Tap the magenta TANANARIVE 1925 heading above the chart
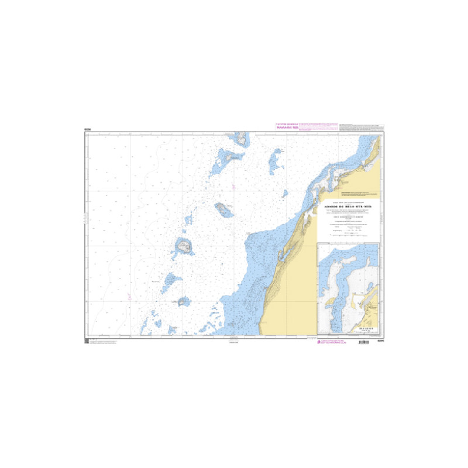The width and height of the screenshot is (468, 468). (x=287, y=128)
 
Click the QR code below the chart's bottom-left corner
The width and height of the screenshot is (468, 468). (x=87, y=341)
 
